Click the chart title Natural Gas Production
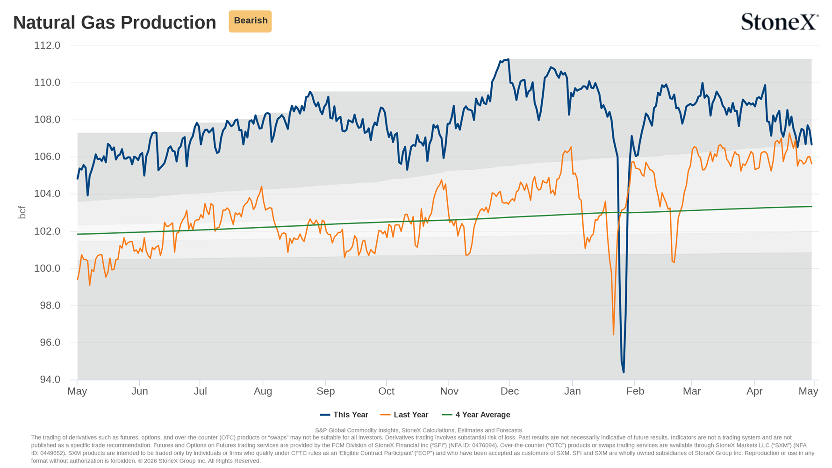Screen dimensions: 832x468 click(115, 22)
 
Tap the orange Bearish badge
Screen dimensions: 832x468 click(250, 21)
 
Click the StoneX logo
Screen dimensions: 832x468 click(780, 22)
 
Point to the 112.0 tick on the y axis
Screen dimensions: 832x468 click(47, 45)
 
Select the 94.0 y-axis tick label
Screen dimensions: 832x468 click(50, 379)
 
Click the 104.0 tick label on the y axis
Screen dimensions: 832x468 click(47, 194)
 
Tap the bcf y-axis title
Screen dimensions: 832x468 click(22, 212)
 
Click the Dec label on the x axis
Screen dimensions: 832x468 click(509, 391)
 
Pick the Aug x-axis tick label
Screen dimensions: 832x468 click(263, 391)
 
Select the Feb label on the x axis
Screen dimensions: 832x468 click(635, 391)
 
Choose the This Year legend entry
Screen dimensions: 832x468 click(344, 415)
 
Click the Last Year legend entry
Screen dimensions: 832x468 click(404, 415)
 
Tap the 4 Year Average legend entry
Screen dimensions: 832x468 click(476, 415)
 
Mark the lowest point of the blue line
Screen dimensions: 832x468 click(624, 372)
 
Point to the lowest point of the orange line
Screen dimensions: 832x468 click(614, 334)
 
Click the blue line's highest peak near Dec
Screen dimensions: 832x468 click(508, 59)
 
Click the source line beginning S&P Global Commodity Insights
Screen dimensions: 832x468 click(418, 430)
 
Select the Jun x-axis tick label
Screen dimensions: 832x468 click(139, 391)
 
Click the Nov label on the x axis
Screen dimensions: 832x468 click(449, 391)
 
